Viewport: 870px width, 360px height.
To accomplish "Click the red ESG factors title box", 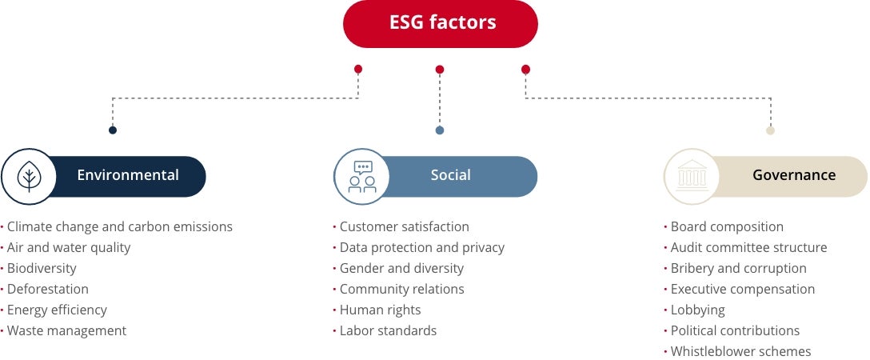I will [x=441, y=23].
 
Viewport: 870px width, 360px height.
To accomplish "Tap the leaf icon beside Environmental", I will [x=28, y=176].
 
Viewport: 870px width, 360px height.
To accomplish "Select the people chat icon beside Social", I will [x=361, y=176].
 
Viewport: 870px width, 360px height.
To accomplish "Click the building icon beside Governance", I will [x=692, y=176].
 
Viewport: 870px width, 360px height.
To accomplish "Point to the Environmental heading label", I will [x=128, y=175].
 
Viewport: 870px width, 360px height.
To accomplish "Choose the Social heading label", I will [x=451, y=175].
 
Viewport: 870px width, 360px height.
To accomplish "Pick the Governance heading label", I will [x=794, y=175].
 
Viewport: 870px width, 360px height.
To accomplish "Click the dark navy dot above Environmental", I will [x=113, y=130].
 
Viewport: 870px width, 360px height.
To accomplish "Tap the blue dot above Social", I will [x=440, y=130].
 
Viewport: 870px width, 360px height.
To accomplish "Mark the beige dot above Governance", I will [x=770, y=130].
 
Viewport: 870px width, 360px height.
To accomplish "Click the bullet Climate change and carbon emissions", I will [x=120, y=227].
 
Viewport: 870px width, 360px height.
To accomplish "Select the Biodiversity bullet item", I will [x=42, y=269].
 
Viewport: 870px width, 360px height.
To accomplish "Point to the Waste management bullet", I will [x=66, y=331].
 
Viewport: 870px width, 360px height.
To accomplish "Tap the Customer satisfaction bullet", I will [x=404, y=227].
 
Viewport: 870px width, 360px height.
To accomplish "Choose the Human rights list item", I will [x=380, y=310].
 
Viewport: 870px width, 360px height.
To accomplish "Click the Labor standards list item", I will [x=388, y=331].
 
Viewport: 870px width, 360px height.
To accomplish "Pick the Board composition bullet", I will [x=727, y=227].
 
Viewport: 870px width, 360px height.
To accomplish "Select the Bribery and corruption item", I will [x=738, y=269].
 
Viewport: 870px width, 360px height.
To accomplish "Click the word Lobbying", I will [x=697, y=310].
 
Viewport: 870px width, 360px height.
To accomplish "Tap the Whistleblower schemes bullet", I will [x=740, y=352].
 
